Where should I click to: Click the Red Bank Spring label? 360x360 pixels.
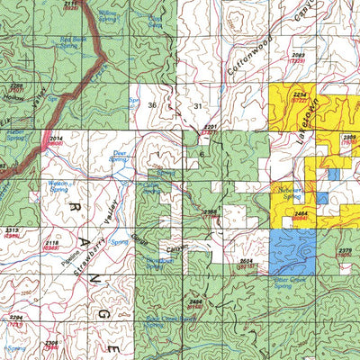pyautogui.click(x=73, y=42)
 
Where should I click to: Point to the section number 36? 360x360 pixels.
pyautogui.click(x=152, y=105)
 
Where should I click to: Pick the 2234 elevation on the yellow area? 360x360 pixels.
pyautogui.click(x=301, y=94)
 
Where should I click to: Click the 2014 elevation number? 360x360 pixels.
pyautogui.click(x=56, y=139)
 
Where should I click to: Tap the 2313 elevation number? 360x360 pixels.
pyautogui.click(x=13, y=230)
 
